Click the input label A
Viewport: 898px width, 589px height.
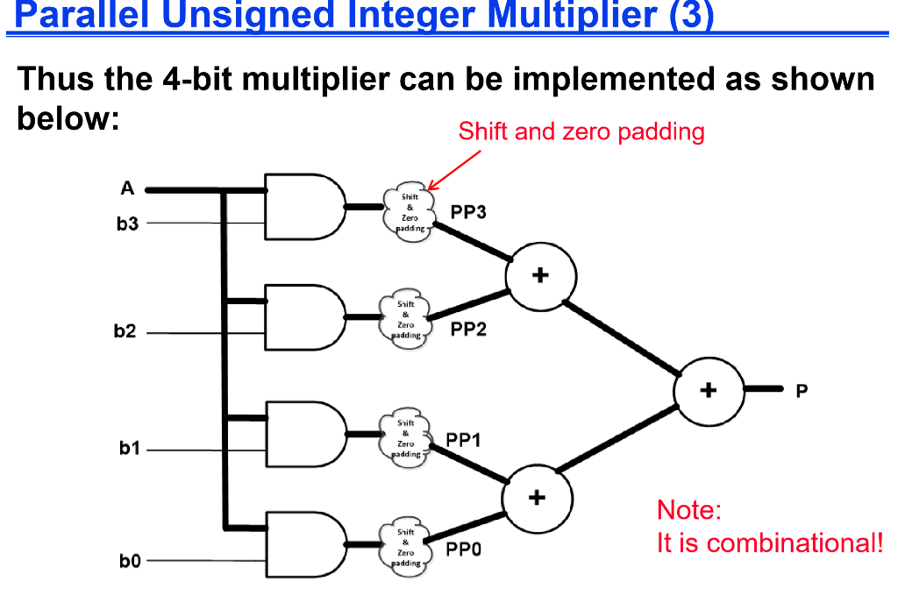point(128,188)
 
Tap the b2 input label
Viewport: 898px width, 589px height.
point(125,332)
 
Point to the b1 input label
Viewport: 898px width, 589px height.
point(129,449)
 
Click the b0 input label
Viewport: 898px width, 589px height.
point(129,560)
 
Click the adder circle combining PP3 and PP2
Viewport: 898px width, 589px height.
point(540,277)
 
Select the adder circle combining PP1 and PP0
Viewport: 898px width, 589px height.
point(537,498)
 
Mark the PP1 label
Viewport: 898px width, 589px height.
point(463,440)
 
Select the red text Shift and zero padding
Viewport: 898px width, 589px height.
point(581,131)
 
